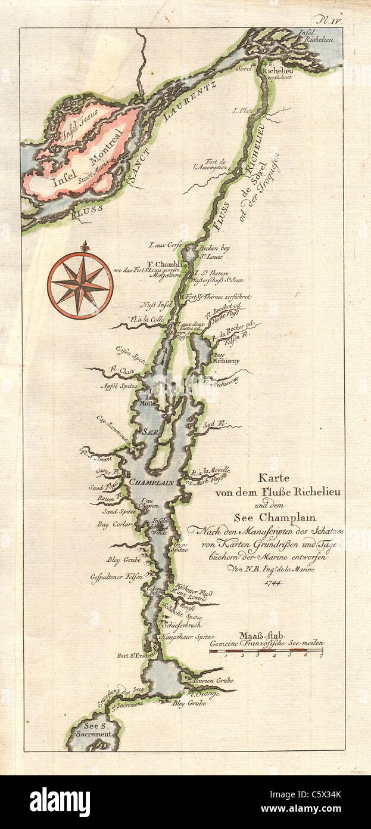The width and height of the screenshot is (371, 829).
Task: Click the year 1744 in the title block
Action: pos(273,581)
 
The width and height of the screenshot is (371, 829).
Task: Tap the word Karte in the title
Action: pos(272,477)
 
